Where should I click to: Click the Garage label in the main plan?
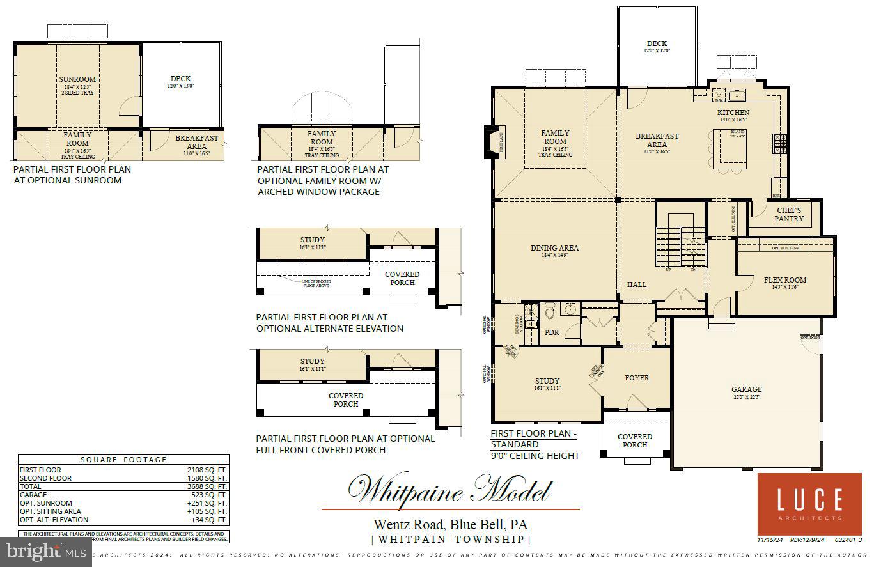746,389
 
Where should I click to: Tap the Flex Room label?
784,280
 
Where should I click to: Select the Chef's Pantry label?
788,214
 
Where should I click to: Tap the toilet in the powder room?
550,312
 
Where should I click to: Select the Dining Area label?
554,248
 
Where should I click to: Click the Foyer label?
637,378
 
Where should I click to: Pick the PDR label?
551,332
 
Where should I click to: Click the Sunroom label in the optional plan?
77,80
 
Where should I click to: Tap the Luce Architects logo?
809,504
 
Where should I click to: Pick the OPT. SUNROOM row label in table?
46,503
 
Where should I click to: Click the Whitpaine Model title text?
450,490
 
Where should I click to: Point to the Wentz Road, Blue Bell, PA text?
451,525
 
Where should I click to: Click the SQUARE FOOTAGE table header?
123,460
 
